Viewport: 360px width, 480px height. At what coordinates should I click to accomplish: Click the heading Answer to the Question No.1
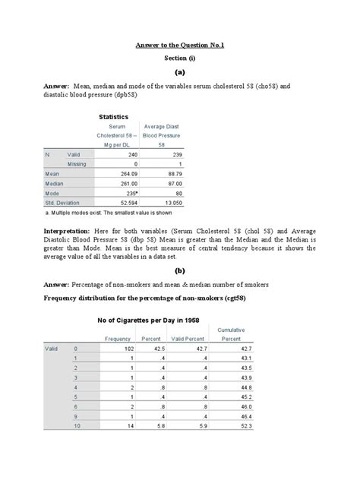coord(180,45)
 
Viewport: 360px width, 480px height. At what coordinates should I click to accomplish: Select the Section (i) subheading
coord(180,58)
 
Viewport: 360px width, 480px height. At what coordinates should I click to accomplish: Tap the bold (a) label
coord(180,73)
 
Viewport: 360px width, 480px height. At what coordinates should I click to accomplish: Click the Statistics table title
coord(113,116)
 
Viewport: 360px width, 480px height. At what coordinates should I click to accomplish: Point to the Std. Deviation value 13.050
coord(168,203)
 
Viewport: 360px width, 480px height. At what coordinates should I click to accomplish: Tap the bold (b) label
coord(180,270)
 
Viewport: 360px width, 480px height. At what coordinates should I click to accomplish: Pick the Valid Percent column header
coord(188,338)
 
